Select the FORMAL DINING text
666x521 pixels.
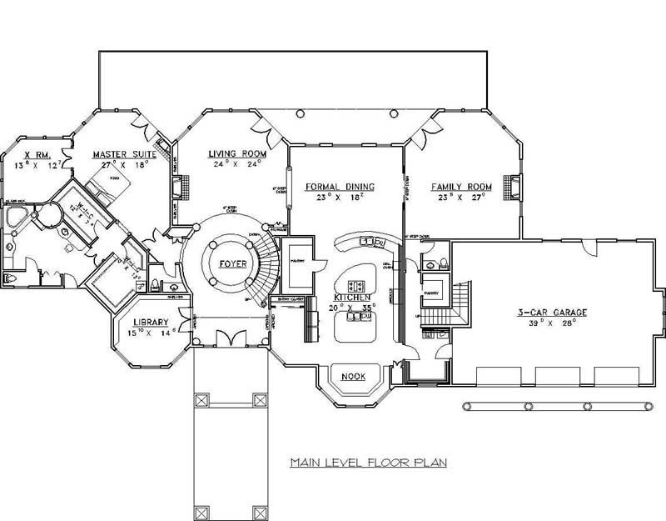point(340,187)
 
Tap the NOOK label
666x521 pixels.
point(354,375)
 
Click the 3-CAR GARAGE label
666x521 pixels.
point(551,313)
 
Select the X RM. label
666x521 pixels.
point(38,154)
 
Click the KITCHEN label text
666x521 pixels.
point(352,297)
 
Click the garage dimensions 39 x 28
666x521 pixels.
point(551,325)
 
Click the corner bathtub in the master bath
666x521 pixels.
point(16,218)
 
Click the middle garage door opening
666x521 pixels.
point(558,376)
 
